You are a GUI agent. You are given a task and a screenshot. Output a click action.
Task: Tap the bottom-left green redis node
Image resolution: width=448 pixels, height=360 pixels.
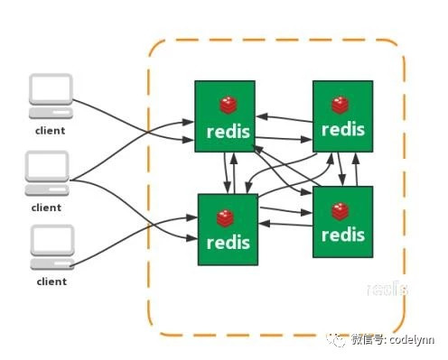click(x=227, y=228)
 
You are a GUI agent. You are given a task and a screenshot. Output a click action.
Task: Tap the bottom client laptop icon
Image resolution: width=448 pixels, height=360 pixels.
click(x=51, y=246)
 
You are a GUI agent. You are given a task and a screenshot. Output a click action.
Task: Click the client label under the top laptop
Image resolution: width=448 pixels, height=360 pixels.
click(x=50, y=131)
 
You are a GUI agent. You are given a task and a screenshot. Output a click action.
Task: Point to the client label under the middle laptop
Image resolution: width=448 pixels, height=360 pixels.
click(x=47, y=208)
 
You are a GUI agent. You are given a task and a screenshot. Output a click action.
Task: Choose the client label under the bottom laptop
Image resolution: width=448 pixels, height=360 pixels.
click(x=51, y=282)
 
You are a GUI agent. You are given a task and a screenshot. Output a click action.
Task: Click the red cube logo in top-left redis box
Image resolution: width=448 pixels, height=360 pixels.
click(x=226, y=103)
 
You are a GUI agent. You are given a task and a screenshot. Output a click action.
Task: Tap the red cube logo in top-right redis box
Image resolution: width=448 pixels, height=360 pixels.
click(x=341, y=105)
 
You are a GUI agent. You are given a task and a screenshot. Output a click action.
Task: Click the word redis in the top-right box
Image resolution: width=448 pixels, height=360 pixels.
click(x=343, y=129)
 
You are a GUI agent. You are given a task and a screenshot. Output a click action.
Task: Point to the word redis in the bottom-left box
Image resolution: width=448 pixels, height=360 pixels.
click(x=227, y=243)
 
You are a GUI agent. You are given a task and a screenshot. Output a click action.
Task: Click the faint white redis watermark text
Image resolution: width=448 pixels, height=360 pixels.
click(x=387, y=289)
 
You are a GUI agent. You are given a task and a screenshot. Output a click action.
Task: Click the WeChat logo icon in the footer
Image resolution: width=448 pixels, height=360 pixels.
click(x=339, y=340)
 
